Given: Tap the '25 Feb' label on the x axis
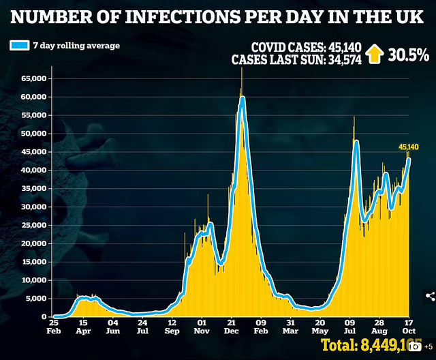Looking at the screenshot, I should click(54, 326).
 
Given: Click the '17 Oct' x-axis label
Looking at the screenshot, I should click(407, 326).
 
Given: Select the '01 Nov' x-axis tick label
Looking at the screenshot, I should click(202, 326).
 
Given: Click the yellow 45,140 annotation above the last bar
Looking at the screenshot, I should click(408, 147).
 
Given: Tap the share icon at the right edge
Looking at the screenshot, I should click(429, 295).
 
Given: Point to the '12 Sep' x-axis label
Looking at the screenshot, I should click(172, 326).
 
